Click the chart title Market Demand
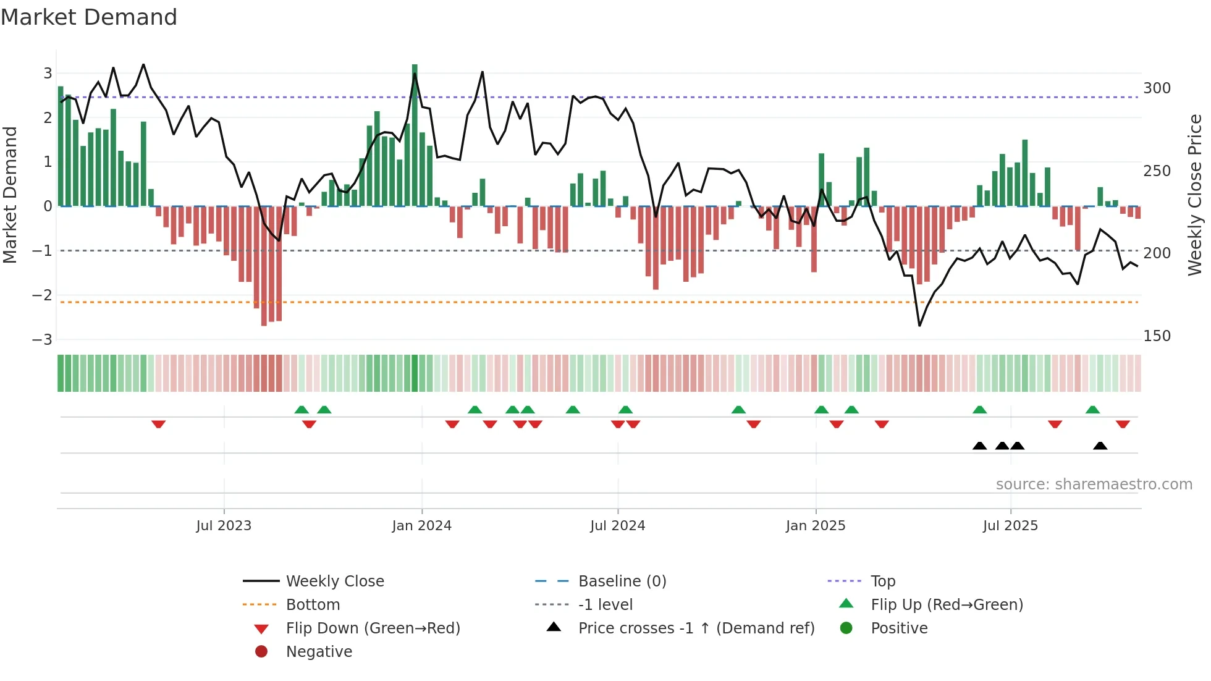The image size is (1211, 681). coord(89,17)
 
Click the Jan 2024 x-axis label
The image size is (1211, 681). coord(421,526)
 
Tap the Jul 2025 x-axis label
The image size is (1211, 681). coord(1010,526)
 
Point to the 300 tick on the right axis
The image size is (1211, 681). coord(1157,88)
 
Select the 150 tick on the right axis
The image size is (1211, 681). coord(1157,336)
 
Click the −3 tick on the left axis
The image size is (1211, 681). coord(42,340)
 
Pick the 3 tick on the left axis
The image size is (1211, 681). coord(48,74)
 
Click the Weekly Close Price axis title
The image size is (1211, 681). coord(1195,195)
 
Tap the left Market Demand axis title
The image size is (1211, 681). coord(11,195)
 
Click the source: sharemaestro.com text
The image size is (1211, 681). coord(1094,484)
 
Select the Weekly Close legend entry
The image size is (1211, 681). coord(334,582)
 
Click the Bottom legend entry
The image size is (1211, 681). coord(313,605)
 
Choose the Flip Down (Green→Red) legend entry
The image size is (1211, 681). coord(373,628)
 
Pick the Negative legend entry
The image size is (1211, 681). coord(319,652)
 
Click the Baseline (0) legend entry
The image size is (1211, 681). coord(622,582)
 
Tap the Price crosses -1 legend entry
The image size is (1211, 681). coord(696,628)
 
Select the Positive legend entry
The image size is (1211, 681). coord(898,628)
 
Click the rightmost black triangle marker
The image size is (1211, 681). coord(1100,446)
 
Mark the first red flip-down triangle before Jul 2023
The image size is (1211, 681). coord(158,424)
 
